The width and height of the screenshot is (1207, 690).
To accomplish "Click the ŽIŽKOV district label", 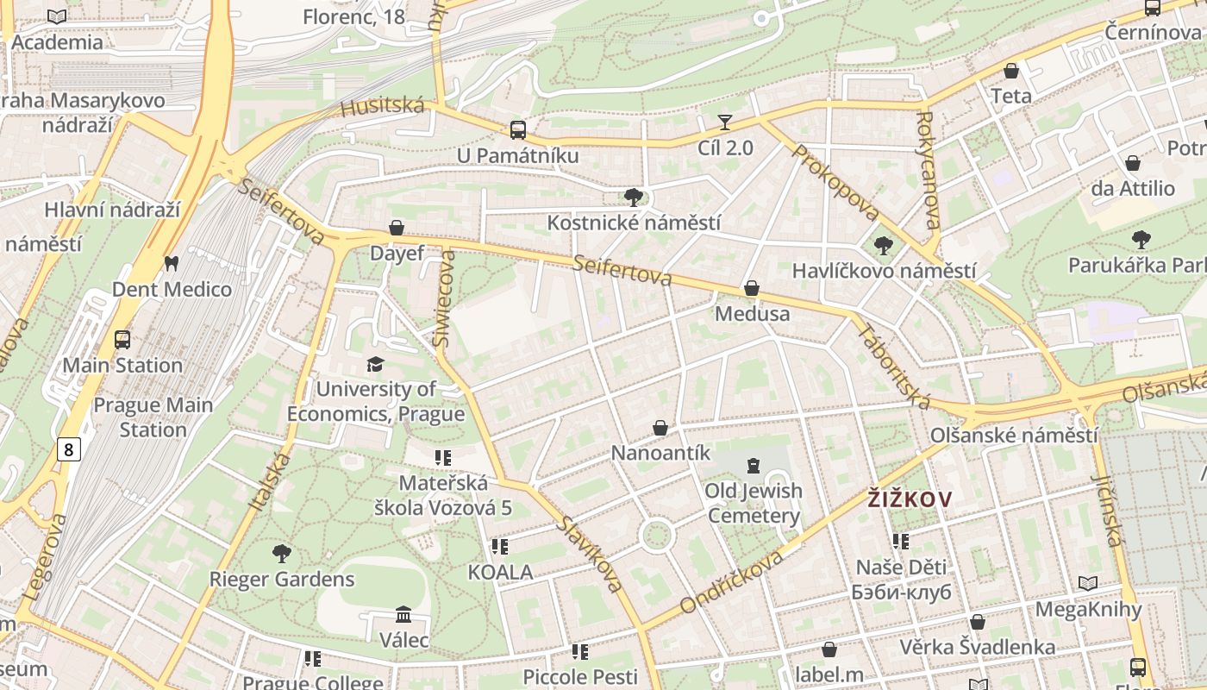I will pyautogui.click(x=910, y=499).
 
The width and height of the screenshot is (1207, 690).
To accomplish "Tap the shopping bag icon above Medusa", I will pyautogui.click(x=752, y=288).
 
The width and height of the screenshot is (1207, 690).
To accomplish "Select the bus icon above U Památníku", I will pyautogui.click(x=517, y=130).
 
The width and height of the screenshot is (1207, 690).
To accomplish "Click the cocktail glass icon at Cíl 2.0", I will pyautogui.click(x=725, y=122).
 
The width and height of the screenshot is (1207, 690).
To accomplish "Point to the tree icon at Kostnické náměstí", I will pyautogui.click(x=634, y=198).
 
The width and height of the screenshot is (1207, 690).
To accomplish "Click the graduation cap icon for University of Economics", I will pyautogui.click(x=375, y=364).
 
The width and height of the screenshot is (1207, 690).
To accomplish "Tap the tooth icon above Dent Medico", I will pyautogui.click(x=172, y=263).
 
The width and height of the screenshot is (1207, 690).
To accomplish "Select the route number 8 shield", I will pyautogui.click(x=70, y=448).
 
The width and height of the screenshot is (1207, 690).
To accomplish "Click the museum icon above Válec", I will pyautogui.click(x=403, y=614).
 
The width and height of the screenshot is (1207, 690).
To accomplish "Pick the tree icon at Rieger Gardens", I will pyautogui.click(x=281, y=553).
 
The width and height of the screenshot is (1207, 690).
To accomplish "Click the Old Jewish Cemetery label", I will pyautogui.click(x=754, y=504).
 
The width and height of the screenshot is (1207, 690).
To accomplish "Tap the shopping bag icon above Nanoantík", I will pyautogui.click(x=660, y=428).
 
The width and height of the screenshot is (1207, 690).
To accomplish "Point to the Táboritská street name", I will pyautogui.click(x=893, y=366).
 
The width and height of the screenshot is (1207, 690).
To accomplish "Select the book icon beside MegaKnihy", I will pyautogui.click(x=1088, y=584).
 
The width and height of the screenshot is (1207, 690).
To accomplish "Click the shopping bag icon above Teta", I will pyautogui.click(x=1011, y=70).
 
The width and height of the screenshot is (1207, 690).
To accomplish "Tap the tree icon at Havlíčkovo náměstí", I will pyautogui.click(x=883, y=246).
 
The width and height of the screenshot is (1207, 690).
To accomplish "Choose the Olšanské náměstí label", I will pyautogui.click(x=1014, y=435).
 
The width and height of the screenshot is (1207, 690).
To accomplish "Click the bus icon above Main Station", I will pyautogui.click(x=122, y=339).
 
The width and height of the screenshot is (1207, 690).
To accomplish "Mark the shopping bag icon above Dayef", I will pyautogui.click(x=397, y=228).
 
